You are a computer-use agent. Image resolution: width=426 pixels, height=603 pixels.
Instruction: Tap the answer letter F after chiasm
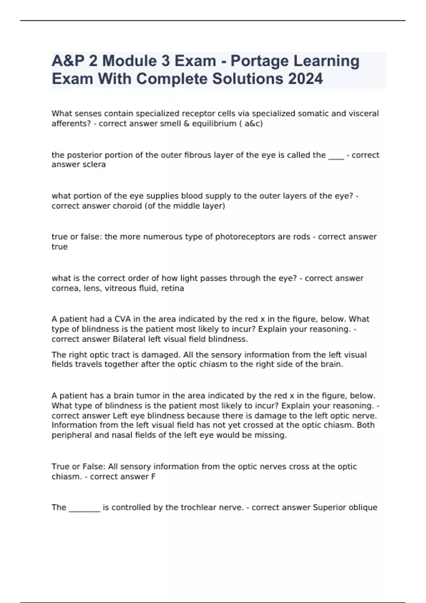coord(153,477)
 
